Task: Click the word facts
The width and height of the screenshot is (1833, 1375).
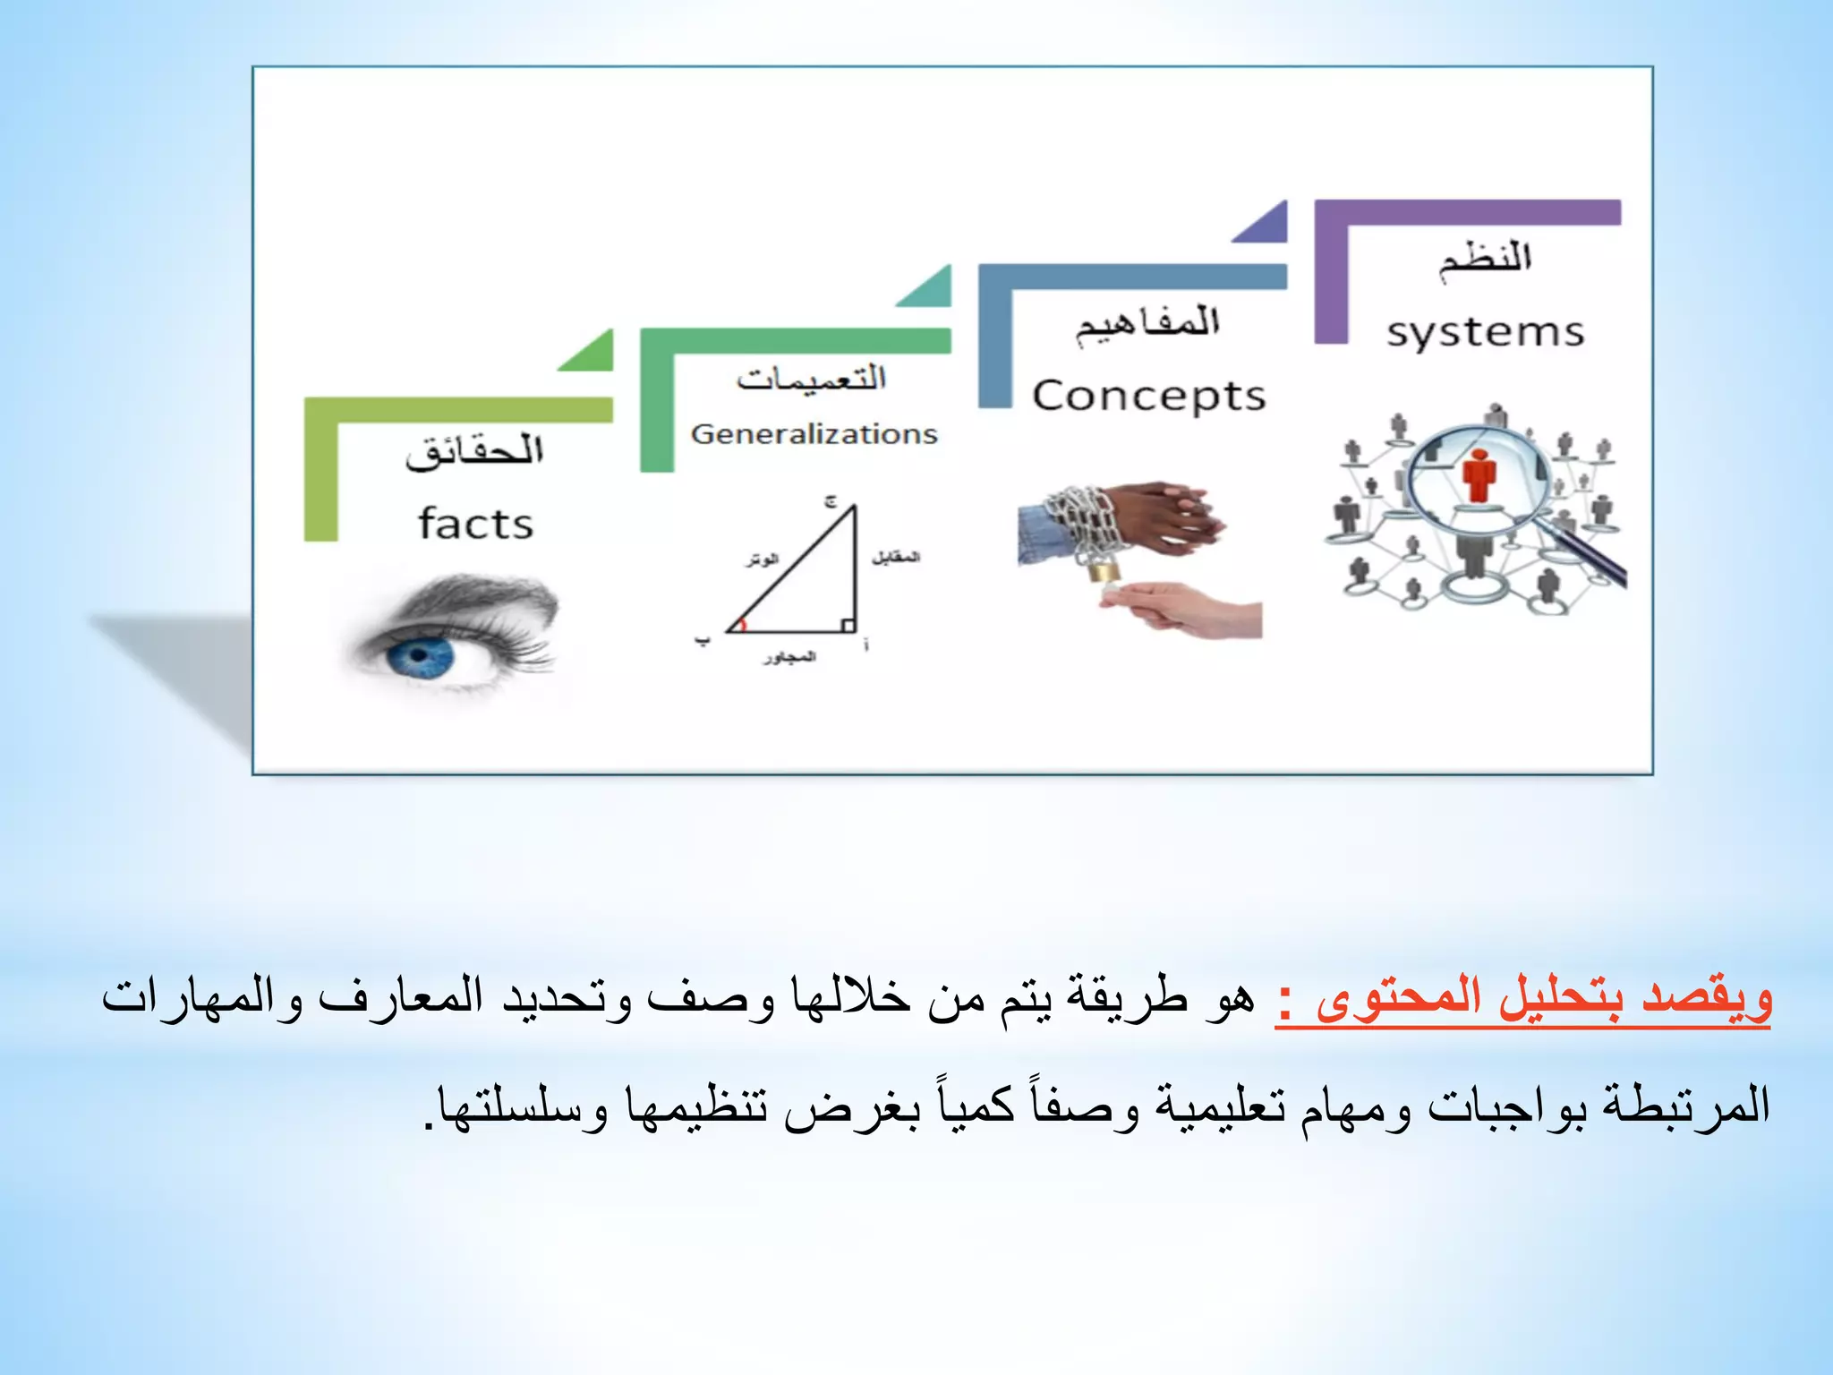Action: click(x=475, y=524)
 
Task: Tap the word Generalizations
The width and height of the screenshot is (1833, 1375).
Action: click(x=814, y=434)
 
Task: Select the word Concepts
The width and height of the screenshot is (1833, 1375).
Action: click(x=1149, y=396)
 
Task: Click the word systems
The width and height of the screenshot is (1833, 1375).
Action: click(x=1485, y=333)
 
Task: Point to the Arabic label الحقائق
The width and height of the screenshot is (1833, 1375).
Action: click(x=474, y=451)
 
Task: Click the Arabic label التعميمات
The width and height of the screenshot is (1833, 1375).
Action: click(x=811, y=379)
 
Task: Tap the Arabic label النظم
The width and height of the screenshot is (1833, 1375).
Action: click(x=1485, y=259)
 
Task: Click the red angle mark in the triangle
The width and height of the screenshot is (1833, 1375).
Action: click(x=742, y=624)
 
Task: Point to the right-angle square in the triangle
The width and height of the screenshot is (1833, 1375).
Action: click(x=848, y=625)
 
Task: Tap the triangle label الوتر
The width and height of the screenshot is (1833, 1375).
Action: click(x=763, y=559)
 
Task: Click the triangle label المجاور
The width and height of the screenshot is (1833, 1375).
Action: click(x=789, y=658)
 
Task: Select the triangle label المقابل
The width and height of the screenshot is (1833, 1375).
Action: click(x=896, y=557)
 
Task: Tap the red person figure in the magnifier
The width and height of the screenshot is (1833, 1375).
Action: click(x=1479, y=474)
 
